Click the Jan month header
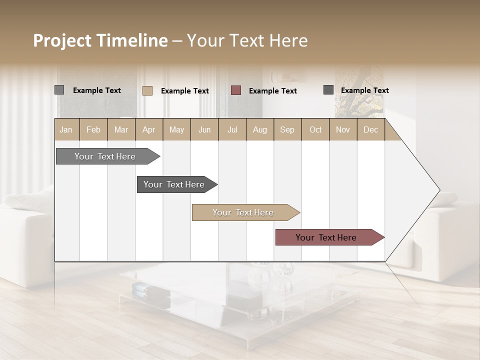click(x=66, y=129)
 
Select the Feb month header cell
click(x=93, y=129)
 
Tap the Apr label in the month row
click(x=148, y=129)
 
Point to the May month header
click(x=176, y=129)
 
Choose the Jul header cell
click(x=232, y=129)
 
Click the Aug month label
click(x=259, y=129)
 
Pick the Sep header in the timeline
click(x=287, y=129)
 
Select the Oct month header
click(x=315, y=129)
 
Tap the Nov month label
click(x=343, y=129)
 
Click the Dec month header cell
click(x=370, y=129)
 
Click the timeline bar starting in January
click(x=105, y=156)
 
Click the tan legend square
click(x=147, y=90)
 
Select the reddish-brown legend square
click(x=236, y=90)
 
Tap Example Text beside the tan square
click(x=185, y=91)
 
